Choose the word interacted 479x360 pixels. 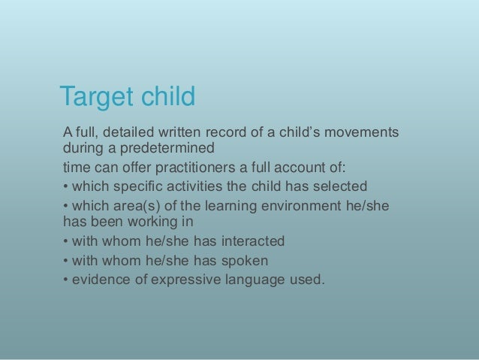pyautogui.click(x=252, y=241)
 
